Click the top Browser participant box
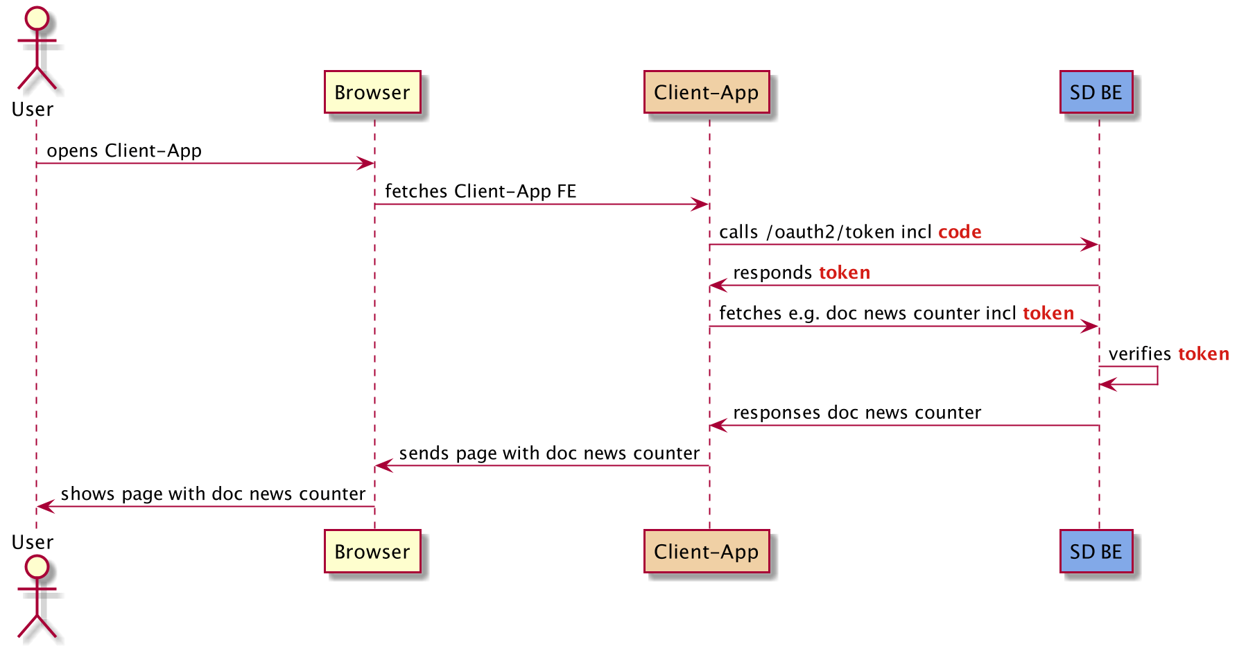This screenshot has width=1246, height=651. (x=372, y=92)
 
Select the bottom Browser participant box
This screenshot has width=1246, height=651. (x=372, y=552)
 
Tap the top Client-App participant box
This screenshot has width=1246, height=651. (x=706, y=92)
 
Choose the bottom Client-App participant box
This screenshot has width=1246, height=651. (x=706, y=552)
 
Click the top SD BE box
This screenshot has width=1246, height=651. (x=1096, y=92)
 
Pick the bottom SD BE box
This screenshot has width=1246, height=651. (x=1096, y=552)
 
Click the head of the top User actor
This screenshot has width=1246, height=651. (x=37, y=19)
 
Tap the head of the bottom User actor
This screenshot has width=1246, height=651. (x=37, y=566)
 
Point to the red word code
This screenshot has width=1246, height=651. (x=960, y=232)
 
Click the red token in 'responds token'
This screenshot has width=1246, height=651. (x=845, y=273)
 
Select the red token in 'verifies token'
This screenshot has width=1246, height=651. (x=1203, y=354)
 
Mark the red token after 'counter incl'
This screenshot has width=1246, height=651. (x=1048, y=313)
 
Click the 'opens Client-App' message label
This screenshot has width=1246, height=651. (x=124, y=151)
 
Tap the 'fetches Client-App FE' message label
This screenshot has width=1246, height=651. (x=481, y=191)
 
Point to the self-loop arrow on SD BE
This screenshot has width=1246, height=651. (x=1157, y=376)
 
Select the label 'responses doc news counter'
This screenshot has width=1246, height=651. (x=857, y=413)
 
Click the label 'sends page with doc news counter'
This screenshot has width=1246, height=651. (x=549, y=453)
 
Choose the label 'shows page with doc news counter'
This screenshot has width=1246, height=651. (x=213, y=494)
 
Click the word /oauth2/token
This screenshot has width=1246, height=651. (x=831, y=232)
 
